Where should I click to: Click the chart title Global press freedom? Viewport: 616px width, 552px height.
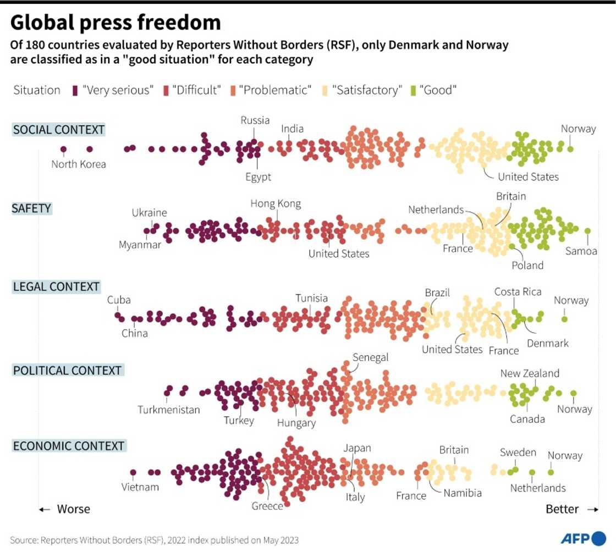tap(116, 23)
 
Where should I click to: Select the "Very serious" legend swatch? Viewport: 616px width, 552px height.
tap(75, 90)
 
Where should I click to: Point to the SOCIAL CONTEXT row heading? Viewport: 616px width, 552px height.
tap(58, 130)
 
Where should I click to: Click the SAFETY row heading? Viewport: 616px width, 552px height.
tap(31, 208)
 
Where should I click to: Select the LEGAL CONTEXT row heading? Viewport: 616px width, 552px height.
tap(56, 286)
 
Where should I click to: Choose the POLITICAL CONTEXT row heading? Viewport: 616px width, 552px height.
tap(67, 371)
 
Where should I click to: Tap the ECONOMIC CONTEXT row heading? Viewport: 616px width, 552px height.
tap(69, 445)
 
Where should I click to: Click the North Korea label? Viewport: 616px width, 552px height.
tap(78, 164)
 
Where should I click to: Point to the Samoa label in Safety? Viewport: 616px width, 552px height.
tap(581, 251)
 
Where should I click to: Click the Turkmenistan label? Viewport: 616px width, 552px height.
tap(169, 410)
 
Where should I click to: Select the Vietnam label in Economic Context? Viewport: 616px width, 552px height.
tap(140, 487)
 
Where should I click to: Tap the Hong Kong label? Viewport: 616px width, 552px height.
tap(276, 204)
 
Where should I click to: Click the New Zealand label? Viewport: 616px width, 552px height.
tap(530, 373)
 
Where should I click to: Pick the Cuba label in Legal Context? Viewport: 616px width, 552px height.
tap(119, 300)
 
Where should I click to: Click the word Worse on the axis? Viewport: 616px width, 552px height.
tap(73, 509)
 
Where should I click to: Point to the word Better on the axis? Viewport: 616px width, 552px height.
tap(562, 509)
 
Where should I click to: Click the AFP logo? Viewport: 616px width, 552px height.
tap(582, 537)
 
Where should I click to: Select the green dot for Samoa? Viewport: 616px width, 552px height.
tap(587, 231)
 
